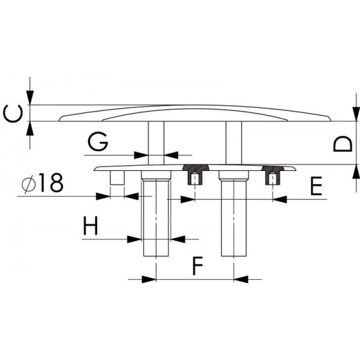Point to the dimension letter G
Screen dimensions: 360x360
pos(97,142)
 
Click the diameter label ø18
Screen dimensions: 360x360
pos(41,184)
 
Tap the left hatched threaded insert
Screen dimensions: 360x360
pos(194,175)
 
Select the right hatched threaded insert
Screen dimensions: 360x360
pos(274,175)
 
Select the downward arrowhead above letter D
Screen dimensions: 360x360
pos(353,115)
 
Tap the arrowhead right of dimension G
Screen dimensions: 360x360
pos(171,155)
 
